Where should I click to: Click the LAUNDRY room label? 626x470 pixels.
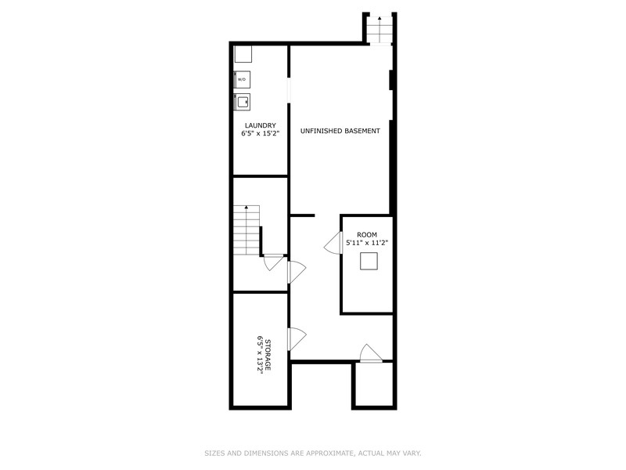261,125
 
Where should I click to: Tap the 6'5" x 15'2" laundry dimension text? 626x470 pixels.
260,133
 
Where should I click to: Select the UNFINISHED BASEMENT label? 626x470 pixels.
340,131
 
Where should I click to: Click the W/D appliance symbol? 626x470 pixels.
242,79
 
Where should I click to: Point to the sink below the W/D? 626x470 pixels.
242,102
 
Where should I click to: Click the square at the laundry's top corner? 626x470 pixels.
243,54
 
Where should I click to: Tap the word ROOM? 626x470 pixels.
367,234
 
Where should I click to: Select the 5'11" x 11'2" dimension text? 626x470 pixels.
367,242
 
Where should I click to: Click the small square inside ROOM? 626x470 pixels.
369,262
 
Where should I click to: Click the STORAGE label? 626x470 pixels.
268,355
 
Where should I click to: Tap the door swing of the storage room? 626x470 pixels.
297,338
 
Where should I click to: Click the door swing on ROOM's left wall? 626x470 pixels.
333,243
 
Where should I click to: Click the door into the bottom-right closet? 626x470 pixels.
371,353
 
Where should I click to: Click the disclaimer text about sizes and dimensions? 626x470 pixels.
313,454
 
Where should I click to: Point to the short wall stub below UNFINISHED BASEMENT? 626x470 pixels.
302,215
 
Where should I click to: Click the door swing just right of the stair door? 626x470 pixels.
297,272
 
